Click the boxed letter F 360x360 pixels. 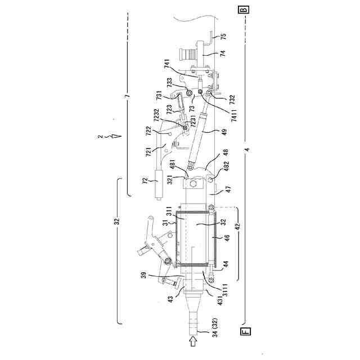pyautogui.click(x=245, y=332)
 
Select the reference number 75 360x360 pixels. pyautogui.click(x=224, y=37)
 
